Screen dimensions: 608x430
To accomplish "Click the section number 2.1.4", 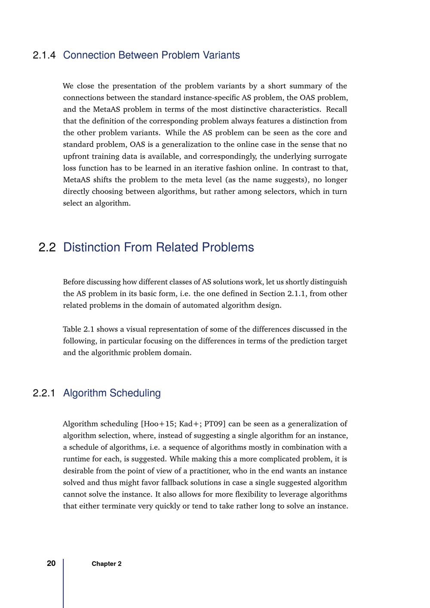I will [44, 55].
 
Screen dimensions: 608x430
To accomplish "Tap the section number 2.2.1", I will [44, 393].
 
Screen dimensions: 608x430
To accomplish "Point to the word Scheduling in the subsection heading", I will [135, 393].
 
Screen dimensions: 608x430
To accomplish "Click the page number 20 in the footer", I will [51, 563].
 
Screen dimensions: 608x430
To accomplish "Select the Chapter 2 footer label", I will [106, 564].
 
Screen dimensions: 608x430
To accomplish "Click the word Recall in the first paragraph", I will [336, 109].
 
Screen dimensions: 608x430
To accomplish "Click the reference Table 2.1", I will [78, 329].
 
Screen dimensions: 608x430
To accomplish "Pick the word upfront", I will [77, 156].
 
